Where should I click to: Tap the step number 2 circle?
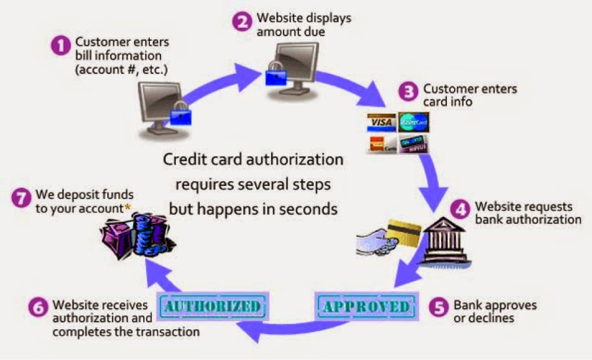(242, 22)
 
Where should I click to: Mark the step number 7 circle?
(21, 197)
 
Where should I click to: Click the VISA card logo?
(381, 123)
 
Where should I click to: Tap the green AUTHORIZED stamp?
(212, 306)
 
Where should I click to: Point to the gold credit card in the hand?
(404, 233)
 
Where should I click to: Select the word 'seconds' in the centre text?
(308, 209)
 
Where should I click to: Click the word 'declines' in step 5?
(493, 319)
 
